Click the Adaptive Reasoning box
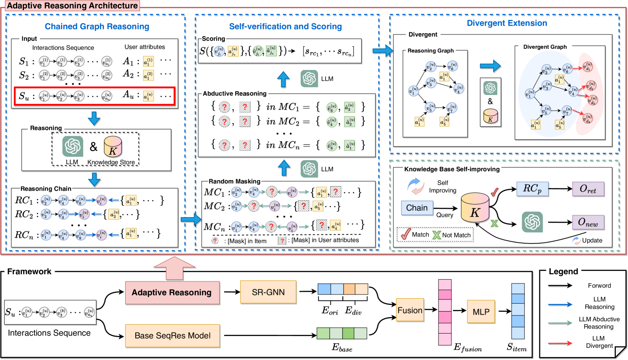(172, 293)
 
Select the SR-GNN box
(268, 292)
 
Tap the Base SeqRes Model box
(172, 336)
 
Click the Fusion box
(410, 310)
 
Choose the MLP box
(481, 312)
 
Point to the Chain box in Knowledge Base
(417, 208)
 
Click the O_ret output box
(588, 189)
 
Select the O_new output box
(588, 223)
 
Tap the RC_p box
(532, 189)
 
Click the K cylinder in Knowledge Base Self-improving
(475, 208)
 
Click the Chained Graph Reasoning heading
(97, 26)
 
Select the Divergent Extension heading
(507, 23)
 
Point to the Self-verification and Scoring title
(285, 26)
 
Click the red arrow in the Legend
(560, 343)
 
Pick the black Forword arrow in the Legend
(560, 286)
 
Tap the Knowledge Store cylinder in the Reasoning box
(113, 147)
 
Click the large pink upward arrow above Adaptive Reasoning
(174, 268)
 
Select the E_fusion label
(468, 348)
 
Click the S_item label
(517, 347)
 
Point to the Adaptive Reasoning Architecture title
(72, 5)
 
